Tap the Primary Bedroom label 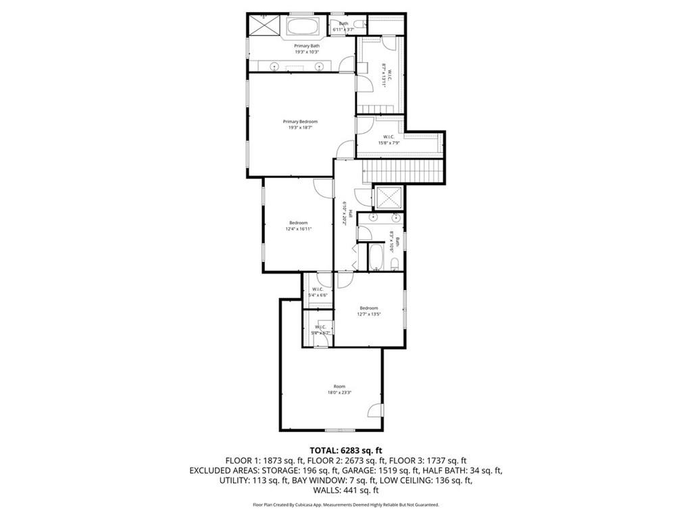(300, 122)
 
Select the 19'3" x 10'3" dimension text (306, 51)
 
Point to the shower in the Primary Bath (264, 26)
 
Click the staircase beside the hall (403, 171)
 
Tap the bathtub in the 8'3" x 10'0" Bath (374, 257)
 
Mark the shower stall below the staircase (389, 197)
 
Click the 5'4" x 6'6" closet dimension (317, 295)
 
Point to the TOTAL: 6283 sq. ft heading (346, 450)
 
